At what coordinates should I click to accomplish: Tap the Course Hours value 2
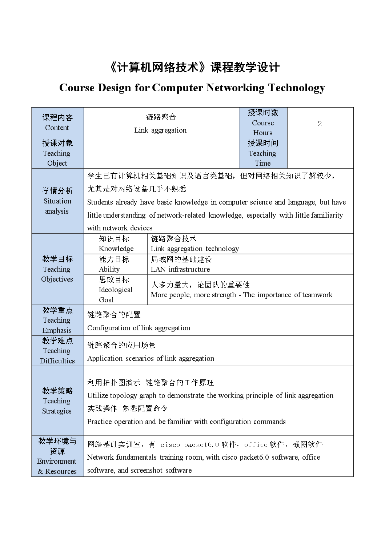(320, 124)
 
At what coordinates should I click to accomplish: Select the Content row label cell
(57, 122)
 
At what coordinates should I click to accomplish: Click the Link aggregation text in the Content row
(160, 130)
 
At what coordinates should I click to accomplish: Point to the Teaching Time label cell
(262, 153)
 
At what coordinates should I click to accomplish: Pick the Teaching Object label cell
(57, 153)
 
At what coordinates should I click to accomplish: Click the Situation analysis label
(57, 201)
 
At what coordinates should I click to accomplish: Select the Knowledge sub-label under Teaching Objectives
(116, 249)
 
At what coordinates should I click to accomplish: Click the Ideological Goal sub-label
(115, 290)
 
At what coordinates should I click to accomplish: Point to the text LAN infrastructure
(180, 269)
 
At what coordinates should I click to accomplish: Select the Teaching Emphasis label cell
(57, 320)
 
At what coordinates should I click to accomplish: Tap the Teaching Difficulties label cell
(57, 351)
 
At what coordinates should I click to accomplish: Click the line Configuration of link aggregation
(139, 328)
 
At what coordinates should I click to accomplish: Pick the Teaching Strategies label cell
(57, 401)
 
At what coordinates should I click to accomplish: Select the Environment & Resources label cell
(57, 456)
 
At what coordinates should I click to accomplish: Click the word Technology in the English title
(296, 88)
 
